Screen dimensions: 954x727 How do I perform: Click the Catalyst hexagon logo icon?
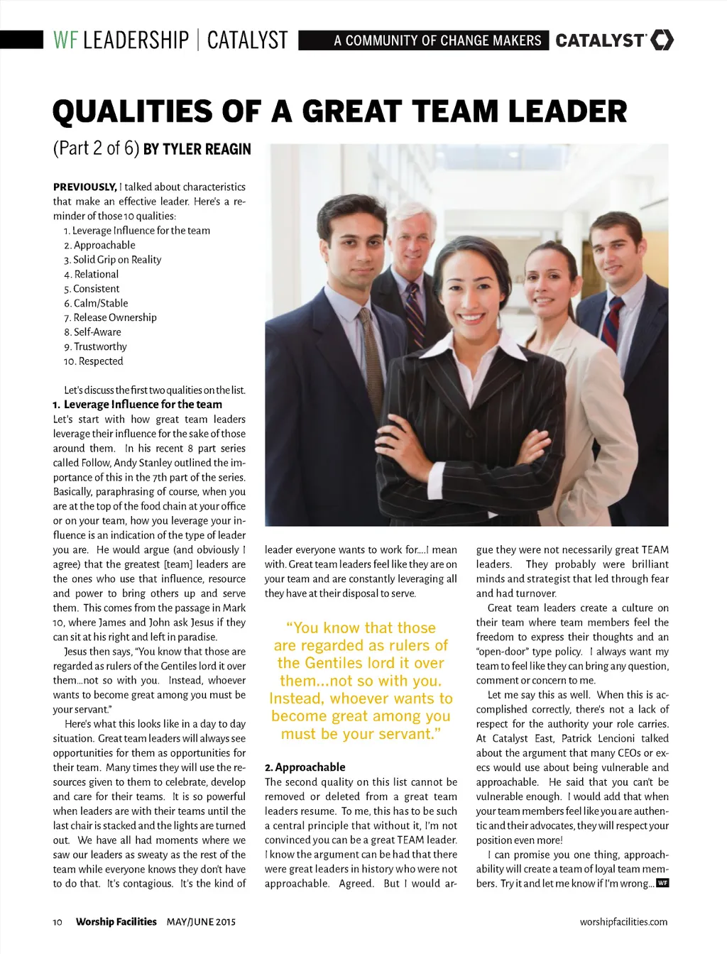pyautogui.click(x=662, y=40)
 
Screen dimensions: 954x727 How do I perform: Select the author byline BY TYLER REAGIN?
pyautogui.click(x=197, y=149)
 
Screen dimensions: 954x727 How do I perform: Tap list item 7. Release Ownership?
pyautogui.click(x=110, y=317)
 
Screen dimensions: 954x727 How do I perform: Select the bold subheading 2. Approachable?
pyautogui.click(x=305, y=767)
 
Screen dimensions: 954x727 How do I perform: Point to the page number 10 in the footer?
pyautogui.click(x=58, y=922)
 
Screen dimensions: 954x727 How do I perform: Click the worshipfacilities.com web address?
pyautogui.click(x=623, y=922)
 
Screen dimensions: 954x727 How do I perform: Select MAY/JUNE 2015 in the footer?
pyautogui.click(x=201, y=922)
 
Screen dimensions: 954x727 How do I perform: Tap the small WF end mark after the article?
pyautogui.click(x=662, y=883)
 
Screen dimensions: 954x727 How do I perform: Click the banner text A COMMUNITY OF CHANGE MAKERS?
pyautogui.click(x=437, y=40)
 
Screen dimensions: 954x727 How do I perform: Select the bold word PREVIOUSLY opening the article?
pyautogui.click(x=84, y=187)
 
